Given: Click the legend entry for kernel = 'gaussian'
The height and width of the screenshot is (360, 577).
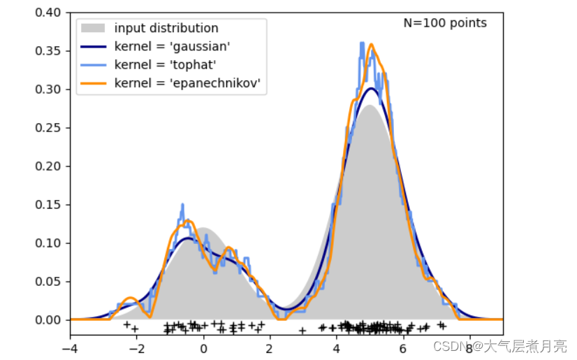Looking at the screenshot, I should click(x=172, y=47).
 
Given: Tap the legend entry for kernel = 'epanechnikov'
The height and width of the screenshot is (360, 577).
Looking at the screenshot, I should click(x=187, y=83).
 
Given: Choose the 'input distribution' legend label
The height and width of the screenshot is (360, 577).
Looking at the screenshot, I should click(x=166, y=29).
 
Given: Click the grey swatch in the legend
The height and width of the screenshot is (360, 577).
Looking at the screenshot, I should click(x=94, y=29).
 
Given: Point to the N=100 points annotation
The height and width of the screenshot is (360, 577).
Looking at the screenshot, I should click(x=445, y=23).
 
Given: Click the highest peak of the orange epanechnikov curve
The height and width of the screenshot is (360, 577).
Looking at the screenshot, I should click(x=372, y=45).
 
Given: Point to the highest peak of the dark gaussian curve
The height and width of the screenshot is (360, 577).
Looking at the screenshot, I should click(x=372, y=88).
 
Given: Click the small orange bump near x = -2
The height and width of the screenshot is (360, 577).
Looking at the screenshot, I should click(x=130, y=298).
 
